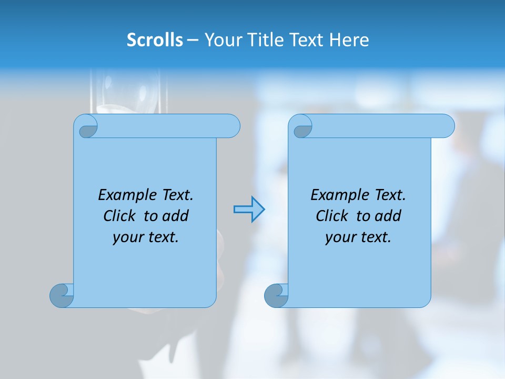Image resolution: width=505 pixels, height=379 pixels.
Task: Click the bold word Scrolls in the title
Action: click(155, 39)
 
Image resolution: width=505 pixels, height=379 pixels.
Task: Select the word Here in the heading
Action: click(349, 39)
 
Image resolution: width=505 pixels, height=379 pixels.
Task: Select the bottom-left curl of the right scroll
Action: click(276, 296)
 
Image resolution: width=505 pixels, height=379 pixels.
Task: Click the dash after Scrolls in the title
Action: click(193, 39)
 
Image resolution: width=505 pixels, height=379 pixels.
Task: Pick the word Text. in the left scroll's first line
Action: click(177, 195)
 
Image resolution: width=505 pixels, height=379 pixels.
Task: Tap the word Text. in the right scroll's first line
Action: click(390, 195)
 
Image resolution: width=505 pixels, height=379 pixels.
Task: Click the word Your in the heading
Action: click(220, 39)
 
